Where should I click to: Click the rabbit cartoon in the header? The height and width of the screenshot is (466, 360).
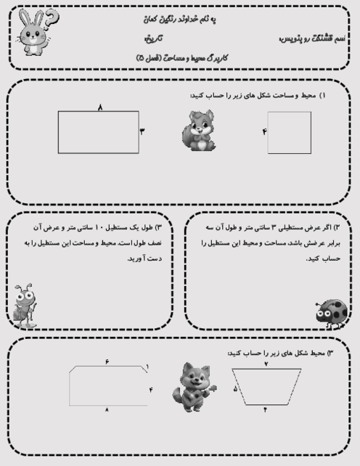[29, 34]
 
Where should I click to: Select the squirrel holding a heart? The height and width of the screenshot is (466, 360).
[197, 131]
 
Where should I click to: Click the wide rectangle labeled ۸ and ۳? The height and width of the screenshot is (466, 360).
[98, 132]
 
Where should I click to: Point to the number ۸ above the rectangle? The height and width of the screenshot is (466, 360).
[99, 107]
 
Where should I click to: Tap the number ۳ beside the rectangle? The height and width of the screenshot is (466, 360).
[142, 131]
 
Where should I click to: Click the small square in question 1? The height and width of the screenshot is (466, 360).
[289, 132]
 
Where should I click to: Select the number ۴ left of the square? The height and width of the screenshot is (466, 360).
[264, 131]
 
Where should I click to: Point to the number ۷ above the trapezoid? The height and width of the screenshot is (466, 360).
[266, 363]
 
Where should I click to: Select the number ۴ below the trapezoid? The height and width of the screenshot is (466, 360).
[265, 410]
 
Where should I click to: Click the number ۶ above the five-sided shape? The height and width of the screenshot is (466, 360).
[107, 361]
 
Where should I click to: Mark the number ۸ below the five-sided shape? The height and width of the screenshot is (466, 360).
[107, 410]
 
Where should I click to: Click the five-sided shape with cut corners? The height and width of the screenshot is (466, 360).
[107, 386]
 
